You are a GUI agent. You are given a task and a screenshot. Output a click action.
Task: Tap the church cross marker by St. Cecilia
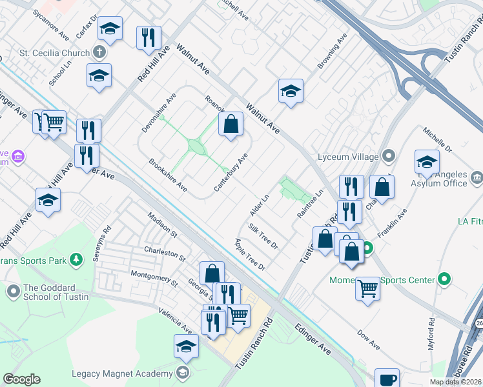(x=99, y=52)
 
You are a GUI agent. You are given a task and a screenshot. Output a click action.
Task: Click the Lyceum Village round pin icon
(x=388, y=155)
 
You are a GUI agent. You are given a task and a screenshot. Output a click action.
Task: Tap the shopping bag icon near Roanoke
(x=231, y=124)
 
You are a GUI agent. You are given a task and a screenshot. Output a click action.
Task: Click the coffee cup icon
(x=387, y=379)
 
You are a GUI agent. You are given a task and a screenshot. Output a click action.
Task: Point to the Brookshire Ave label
(x=168, y=175)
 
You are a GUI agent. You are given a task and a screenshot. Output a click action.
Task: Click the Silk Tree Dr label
(x=263, y=237)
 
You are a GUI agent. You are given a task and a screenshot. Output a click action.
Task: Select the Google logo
(x=21, y=380)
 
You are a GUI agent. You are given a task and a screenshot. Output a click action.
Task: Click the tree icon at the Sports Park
(x=77, y=260)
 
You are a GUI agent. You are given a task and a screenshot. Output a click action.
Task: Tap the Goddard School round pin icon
(x=14, y=292)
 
